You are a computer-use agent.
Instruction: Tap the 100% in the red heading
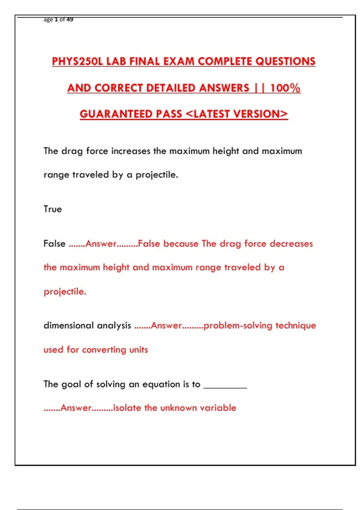coord(285,88)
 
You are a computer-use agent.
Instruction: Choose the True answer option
coord(52,209)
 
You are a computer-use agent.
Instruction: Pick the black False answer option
coord(54,244)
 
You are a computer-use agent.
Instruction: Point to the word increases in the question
coord(130,151)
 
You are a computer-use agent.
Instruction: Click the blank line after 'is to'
coord(225,386)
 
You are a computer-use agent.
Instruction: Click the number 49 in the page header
coord(70,19)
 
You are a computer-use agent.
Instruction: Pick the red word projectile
coord(65,292)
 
